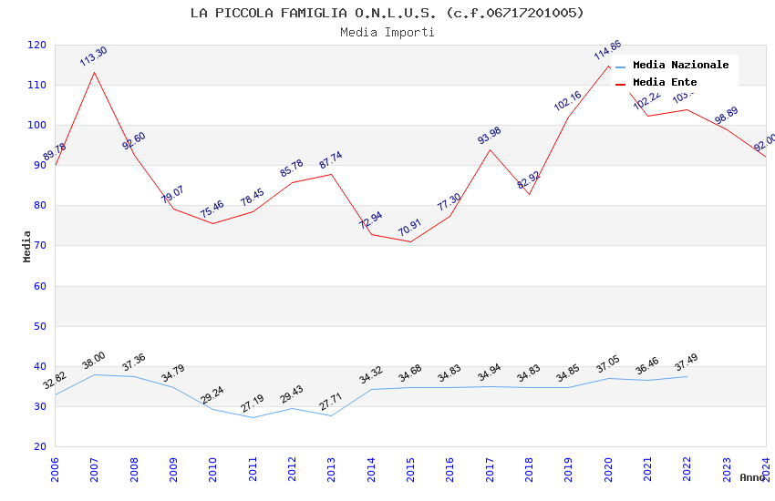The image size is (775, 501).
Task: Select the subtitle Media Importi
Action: click(387, 32)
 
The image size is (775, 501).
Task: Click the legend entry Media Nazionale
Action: click(680, 65)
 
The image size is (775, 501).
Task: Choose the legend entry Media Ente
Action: click(665, 82)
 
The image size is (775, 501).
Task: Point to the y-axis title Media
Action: click(26, 246)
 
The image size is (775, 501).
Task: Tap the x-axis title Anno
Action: click(752, 477)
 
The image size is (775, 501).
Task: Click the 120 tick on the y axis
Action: click(37, 45)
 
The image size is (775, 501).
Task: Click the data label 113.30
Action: click(93, 56)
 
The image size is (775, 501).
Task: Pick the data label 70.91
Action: click(409, 229)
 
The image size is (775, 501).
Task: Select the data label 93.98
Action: click(489, 136)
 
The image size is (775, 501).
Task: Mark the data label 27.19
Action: click(252, 403)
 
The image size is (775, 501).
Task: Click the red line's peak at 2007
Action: click(94, 72)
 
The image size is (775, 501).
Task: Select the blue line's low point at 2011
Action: click(253, 417)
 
